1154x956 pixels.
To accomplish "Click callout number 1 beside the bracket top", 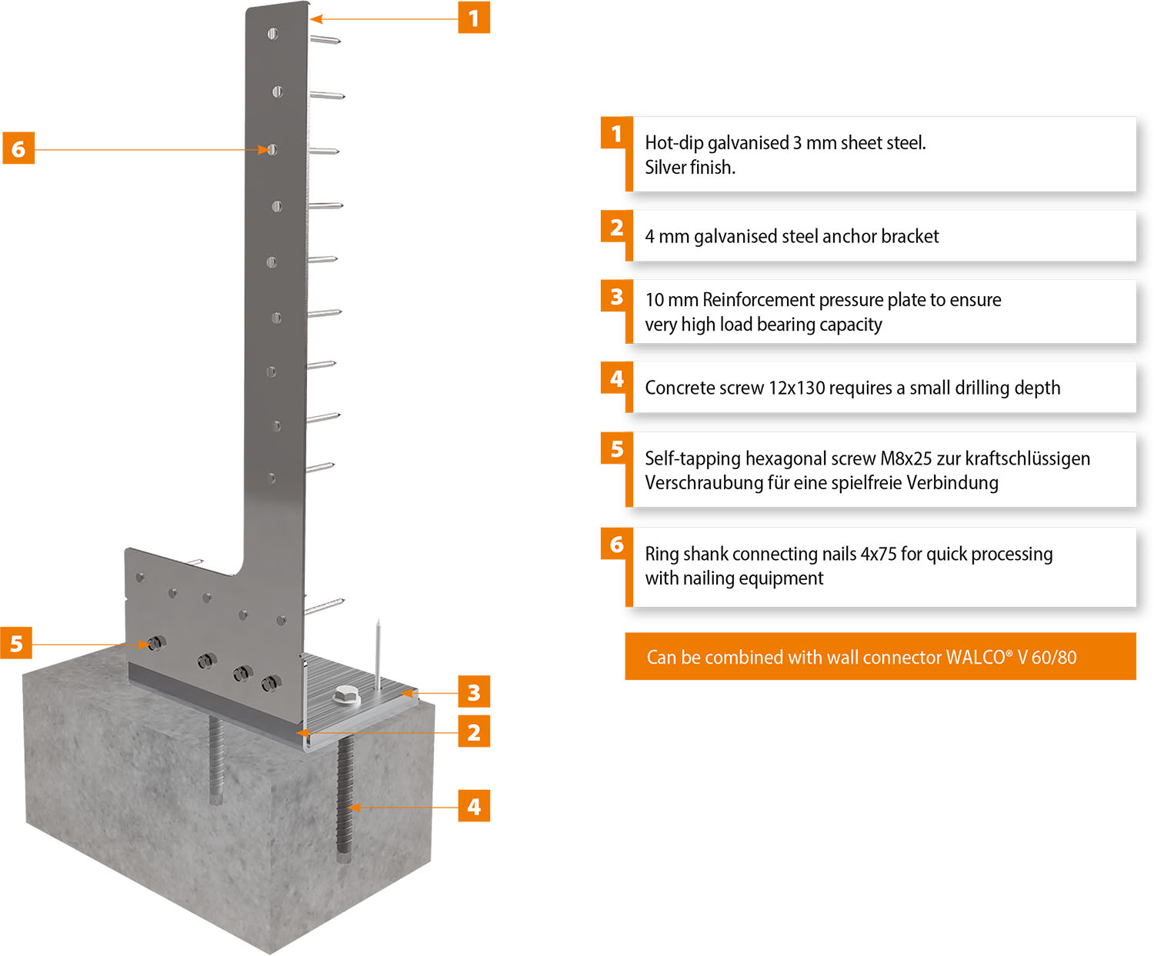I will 474,18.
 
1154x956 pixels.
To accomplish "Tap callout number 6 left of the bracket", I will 18,148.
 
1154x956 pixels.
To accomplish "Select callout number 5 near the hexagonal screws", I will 16,644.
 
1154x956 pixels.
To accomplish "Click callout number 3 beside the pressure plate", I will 474,693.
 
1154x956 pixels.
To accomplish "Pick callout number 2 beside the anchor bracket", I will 474,732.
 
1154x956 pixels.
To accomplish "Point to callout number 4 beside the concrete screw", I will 474,806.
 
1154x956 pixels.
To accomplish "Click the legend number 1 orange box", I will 616,134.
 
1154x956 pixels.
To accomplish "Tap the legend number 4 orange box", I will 616,378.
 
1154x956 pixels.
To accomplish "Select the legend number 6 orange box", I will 616,545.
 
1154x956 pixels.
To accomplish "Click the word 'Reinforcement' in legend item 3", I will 755,300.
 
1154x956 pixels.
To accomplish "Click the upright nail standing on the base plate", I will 378,654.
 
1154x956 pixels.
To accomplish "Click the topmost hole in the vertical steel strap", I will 272,34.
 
